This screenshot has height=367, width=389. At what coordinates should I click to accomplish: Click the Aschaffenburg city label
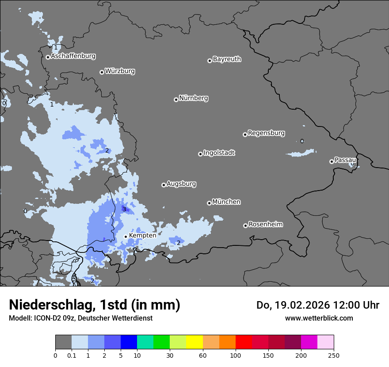point(73,56)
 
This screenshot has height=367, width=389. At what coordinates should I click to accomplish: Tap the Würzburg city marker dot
point(102,72)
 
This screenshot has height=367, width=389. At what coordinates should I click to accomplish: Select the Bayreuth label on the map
point(227,59)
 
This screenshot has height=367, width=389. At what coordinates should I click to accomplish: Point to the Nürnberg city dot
point(176,99)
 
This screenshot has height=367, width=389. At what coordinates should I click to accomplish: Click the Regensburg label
point(266,133)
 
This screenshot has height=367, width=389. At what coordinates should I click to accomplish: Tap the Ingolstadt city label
point(219,153)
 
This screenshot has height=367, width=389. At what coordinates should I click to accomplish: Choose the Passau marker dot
point(332,161)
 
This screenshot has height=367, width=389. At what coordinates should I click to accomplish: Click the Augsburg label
point(181,184)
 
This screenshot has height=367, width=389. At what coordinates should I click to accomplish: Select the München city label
point(226,202)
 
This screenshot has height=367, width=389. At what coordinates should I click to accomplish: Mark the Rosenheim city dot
point(245,226)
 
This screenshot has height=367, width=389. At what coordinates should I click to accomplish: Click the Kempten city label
point(142,236)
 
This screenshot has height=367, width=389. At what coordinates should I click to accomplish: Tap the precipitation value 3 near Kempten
point(124,209)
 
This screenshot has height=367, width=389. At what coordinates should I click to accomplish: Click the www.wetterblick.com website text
point(319,318)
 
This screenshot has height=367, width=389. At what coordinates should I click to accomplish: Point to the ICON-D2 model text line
point(80,318)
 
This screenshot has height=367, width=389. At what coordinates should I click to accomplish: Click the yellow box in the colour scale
point(194,342)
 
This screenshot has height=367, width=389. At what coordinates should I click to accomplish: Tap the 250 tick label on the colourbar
point(334,355)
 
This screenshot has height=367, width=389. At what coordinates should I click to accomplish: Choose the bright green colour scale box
point(162,342)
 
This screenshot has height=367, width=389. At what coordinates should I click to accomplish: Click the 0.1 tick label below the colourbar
point(72,355)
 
